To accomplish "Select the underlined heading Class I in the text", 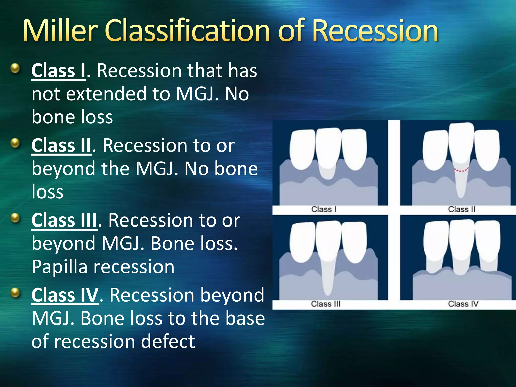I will pos(58,71).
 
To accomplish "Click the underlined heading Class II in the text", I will pos(61,146).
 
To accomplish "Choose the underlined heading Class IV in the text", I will pos(64,295).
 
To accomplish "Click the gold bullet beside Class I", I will pos(15,68).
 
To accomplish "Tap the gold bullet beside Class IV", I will pos(15,293).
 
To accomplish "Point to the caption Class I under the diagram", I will pos(324,209).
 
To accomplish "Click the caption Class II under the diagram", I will pos(462,209).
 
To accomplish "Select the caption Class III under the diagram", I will pos(326,304).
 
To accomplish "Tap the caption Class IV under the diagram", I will pos(463,304).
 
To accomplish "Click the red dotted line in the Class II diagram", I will pos(461,170).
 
